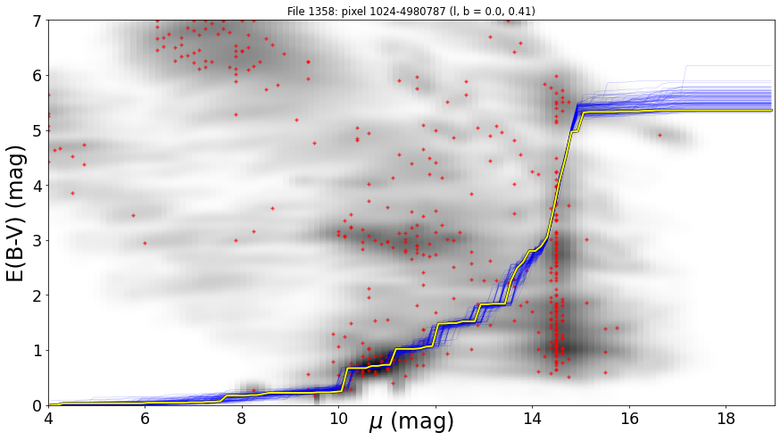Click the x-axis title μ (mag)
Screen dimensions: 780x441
pyautogui.click(x=411, y=421)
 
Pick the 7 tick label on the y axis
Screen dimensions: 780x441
pyautogui.click(x=37, y=21)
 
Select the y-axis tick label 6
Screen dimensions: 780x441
pyautogui.click(x=37, y=76)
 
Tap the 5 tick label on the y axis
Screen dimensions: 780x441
pyautogui.click(x=37, y=130)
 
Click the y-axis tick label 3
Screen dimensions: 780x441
pyautogui.click(x=37, y=240)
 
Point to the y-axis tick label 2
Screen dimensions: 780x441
pyautogui.click(x=37, y=295)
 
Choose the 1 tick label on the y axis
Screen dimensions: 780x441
pyautogui.click(x=37, y=351)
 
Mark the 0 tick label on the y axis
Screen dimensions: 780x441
pyautogui.click(x=37, y=405)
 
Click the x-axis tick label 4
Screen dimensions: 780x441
pyautogui.click(x=49, y=419)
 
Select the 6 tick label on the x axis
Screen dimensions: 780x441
pyautogui.click(x=145, y=419)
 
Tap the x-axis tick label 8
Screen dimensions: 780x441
pyautogui.click(x=242, y=419)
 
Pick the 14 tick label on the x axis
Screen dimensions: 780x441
pyautogui.click(x=532, y=419)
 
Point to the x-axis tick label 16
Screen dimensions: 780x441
pyautogui.click(x=629, y=419)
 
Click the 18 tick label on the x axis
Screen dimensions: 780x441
pyautogui.click(x=726, y=419)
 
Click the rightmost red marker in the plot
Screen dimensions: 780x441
pyautogui.click(x=660, y=135)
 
